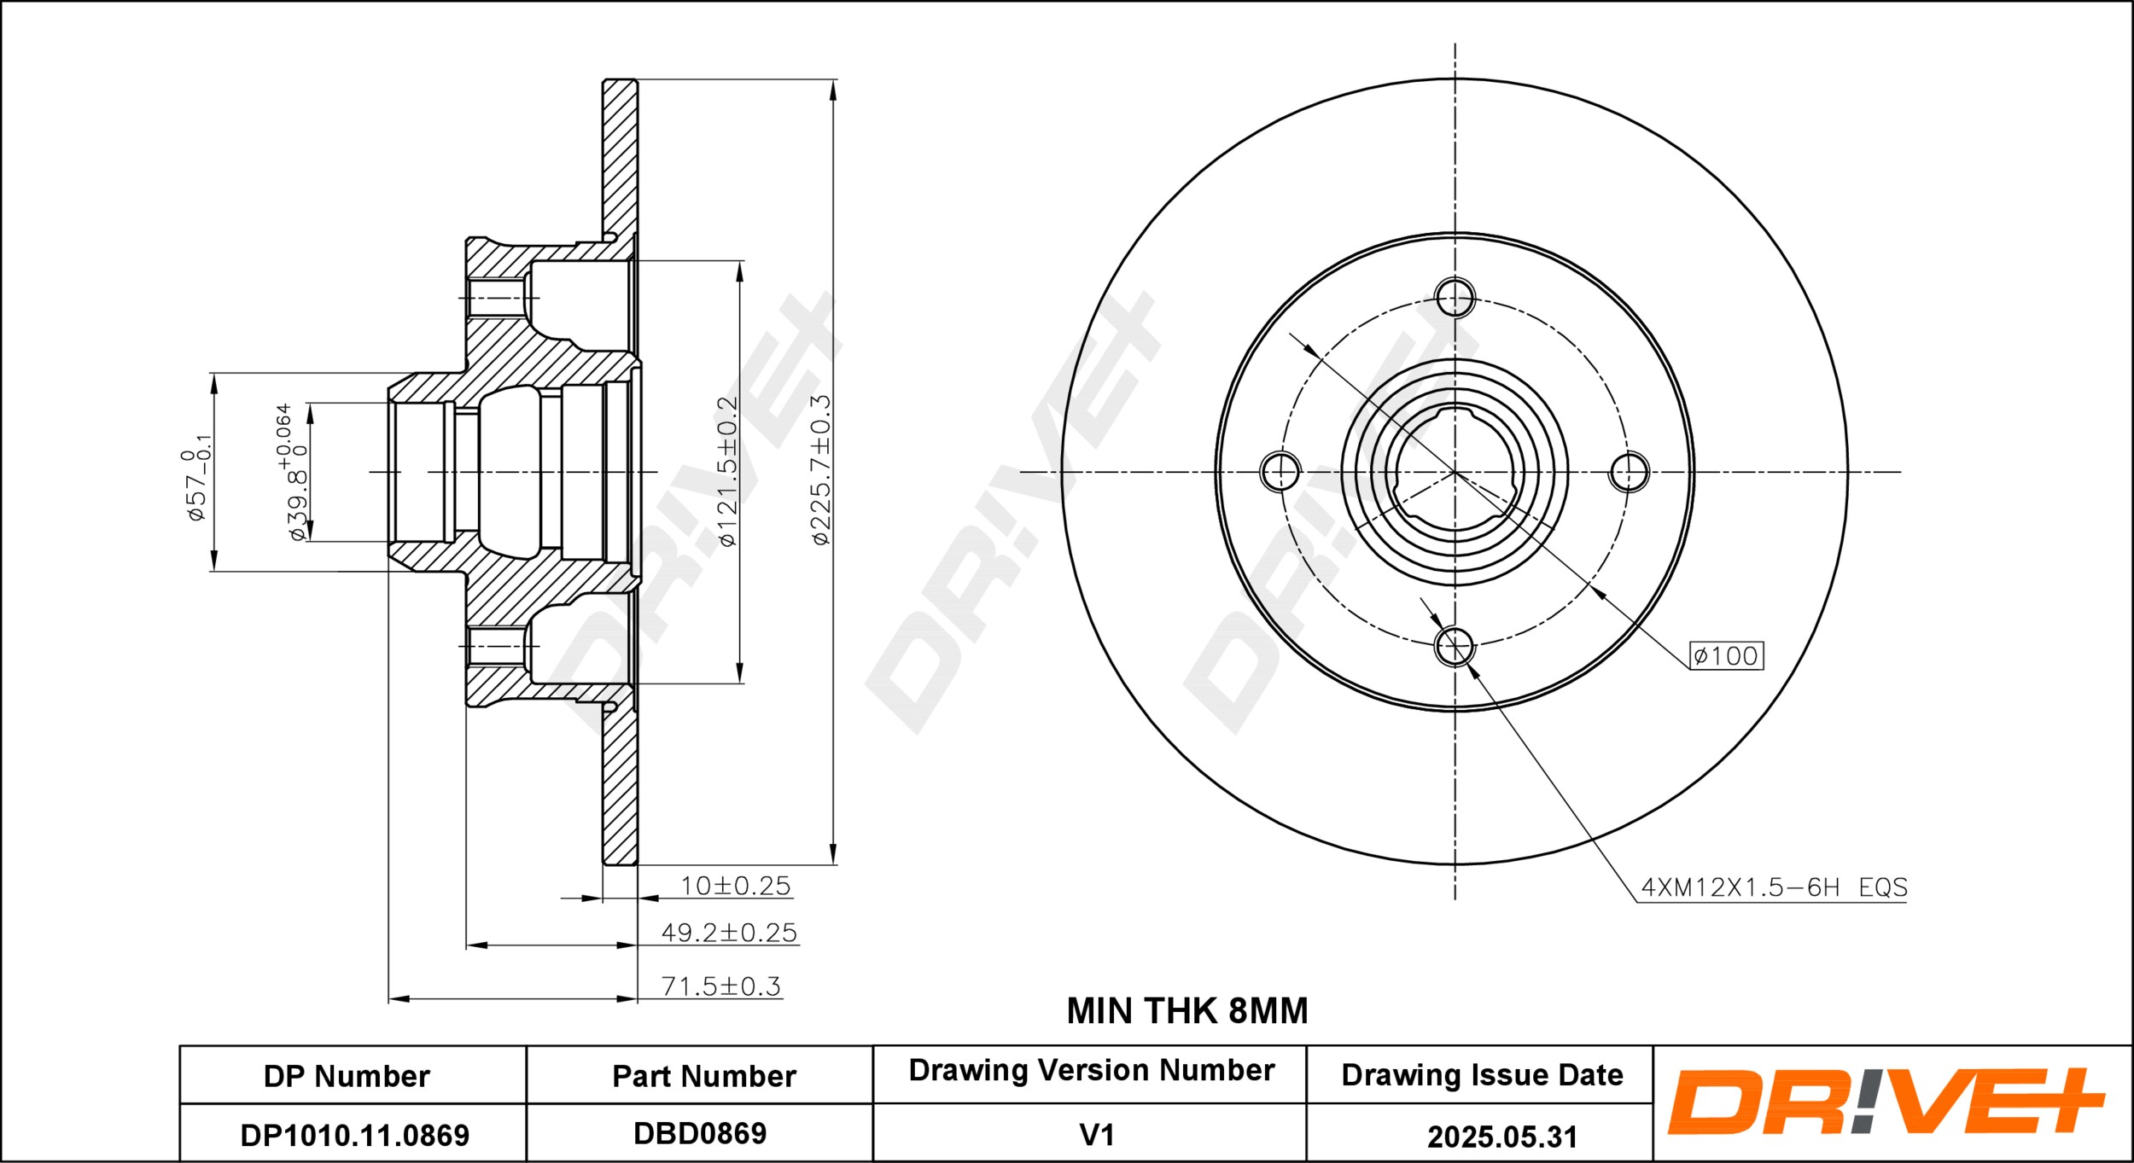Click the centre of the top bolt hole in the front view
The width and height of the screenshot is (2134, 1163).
click(x=1455, y=297)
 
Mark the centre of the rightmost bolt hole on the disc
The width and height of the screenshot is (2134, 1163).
click(x=1629, y=472)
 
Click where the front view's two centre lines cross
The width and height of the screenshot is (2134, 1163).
click(x=1455, y=472)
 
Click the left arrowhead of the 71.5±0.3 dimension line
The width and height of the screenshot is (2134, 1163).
click(x=400, y=998)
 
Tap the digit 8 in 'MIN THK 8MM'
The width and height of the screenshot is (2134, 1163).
click(x=1239, y=1011)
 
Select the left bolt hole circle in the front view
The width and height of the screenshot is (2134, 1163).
click(x=1280, y=472)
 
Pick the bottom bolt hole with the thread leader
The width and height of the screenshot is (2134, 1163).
click(x=1455, y=646)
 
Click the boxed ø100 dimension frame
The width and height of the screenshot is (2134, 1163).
click(x=1726, y=655)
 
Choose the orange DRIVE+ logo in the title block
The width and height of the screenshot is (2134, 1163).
click(x=1884, y=1102)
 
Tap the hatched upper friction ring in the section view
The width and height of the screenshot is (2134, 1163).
click(x=621, y=158)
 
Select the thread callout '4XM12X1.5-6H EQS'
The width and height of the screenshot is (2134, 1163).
click(x=1774, y=887)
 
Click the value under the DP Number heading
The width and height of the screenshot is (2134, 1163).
click(x=354, y=1135)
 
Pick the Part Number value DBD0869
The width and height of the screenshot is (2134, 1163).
click(x=700, y=1133)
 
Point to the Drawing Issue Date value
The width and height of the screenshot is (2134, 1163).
click(x=1501, y=1136)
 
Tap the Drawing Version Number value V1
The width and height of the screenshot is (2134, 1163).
click(x=1096, y=1135)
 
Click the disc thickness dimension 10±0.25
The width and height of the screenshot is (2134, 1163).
click(x=735, y=886)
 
